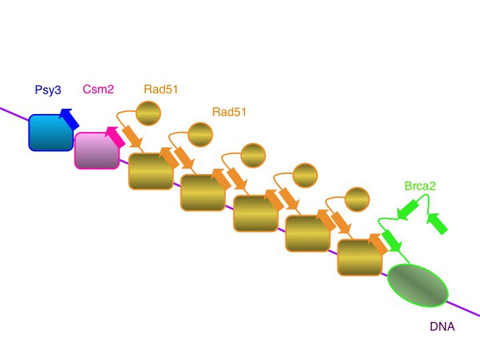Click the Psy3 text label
(x=48, y=90)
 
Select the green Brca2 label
(x=420, y=186)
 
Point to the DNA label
(x=443, y=327)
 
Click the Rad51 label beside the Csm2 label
(x=161, y=89)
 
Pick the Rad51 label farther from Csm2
(x=229, y=112)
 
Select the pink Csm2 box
(x=96, y=150)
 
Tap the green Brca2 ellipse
(x=418, y=285)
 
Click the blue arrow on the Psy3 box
(x=69, y=119)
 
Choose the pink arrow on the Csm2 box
(x=115, y=137)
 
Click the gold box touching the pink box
(x=150, y=172)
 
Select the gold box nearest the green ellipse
(x=359, y=257)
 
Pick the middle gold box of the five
(x=255, y=213)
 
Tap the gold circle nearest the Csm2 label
(x=148, y=113)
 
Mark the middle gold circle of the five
(x=253, y=155)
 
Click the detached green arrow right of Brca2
(x=437, y=223)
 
